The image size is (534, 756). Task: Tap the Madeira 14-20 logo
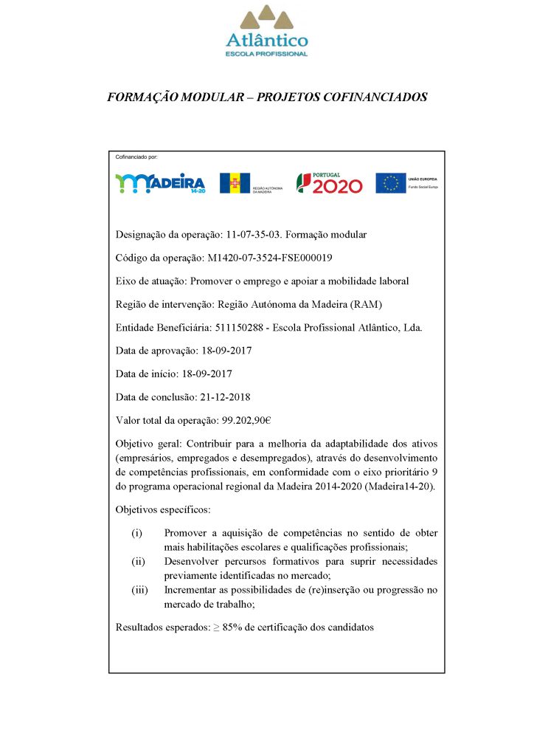[160, 183]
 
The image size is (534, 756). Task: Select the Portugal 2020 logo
[329, 182]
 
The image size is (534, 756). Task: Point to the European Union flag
[390, 183]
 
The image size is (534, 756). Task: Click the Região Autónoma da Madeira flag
[235, 183]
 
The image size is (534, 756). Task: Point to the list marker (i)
[136, 533]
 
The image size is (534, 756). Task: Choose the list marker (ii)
[138, 561]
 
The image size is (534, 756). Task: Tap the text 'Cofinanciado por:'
[136, 157]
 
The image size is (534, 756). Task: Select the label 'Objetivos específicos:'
[163, 509]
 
